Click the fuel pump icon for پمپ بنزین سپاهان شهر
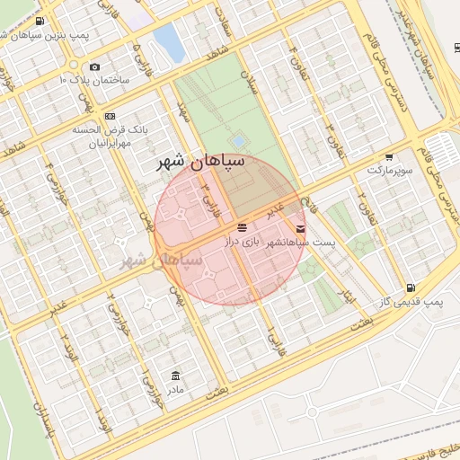tap(38, 20)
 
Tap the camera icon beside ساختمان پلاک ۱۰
tap(95, 67)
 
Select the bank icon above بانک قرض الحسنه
tap(110, 116)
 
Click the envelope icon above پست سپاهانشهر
tap(300, 229)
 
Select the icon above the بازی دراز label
tap(243, 228)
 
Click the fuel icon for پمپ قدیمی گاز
tap(411, 287)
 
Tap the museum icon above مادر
tap(175, 376)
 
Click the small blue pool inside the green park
tap(237, 141)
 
